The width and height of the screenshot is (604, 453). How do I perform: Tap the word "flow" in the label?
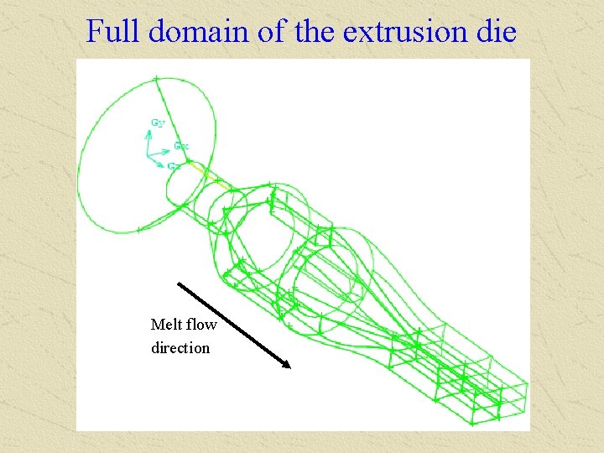201,325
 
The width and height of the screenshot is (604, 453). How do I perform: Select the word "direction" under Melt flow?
180,347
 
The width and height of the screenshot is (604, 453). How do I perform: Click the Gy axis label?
158,122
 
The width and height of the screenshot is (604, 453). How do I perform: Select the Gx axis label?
181,146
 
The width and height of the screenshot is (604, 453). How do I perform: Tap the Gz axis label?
174,166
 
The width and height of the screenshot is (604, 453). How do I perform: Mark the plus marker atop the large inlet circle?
156,79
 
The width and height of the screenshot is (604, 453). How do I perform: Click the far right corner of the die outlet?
528,387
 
